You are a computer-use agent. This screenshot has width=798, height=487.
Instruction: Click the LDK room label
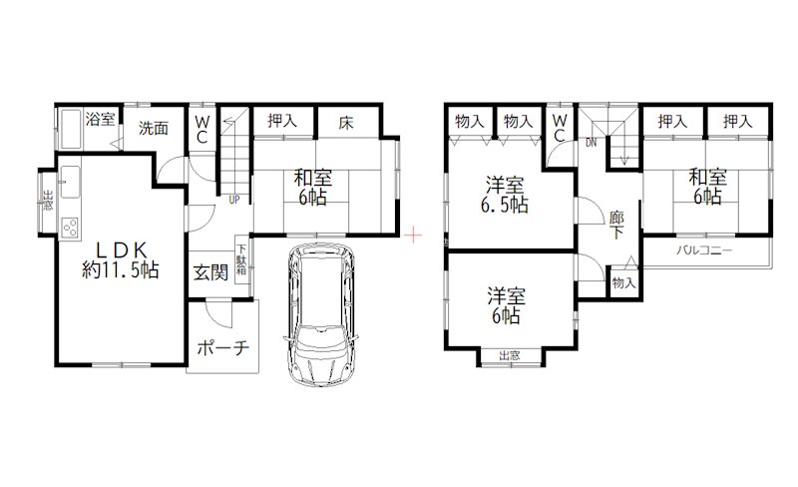pyautogui.click(x=121, y=259)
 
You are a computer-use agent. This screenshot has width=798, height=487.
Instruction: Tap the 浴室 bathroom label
pyautogui.click(x=100, y=119)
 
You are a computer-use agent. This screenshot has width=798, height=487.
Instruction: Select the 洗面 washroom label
pyautogui.click(x=154, y=128)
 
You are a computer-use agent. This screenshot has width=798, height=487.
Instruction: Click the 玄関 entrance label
pyautogui.click(x=210, y=273)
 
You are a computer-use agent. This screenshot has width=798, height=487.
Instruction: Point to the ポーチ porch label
pyautogui.click(x=222, y=348)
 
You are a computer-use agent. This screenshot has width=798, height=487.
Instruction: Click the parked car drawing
pyautogui.click(x=320, y=314)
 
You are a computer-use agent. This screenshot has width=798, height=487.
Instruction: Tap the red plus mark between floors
pyautogui.click(x=414, y=236)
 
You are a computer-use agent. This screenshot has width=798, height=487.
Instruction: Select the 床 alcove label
pyautogui.click(x=346, y=123)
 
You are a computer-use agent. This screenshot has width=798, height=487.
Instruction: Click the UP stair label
pyautogui.click(x=233, y=200)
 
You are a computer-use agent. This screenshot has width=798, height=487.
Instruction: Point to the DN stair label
pyautogui.click(x=591, y=143)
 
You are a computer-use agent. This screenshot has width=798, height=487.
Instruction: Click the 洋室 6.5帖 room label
pyautogui.click(x=505, y=194)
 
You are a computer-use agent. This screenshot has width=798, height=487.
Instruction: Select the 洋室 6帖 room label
pyautogui.click(x=506, y=305)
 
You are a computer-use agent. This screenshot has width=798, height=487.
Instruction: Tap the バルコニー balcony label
pyautogui.click(x=704, y=250)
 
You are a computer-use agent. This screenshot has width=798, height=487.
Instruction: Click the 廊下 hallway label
pyautogui.click(x=616, y=226)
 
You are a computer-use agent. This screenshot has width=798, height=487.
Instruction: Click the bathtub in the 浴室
pyautogui.click(x=71, y=129)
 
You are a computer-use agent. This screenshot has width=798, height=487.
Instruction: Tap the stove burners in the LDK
pyautogui.click(x=70, y=227)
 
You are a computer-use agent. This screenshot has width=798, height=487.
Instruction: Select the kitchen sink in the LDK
pyautogui.click(x=70, y=182)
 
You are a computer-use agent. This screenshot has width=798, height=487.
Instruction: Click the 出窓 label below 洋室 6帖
pyautogui.click(x=510, y=355)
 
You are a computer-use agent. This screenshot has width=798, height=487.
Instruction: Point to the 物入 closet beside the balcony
pyautogui.click(x=624, y=282)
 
